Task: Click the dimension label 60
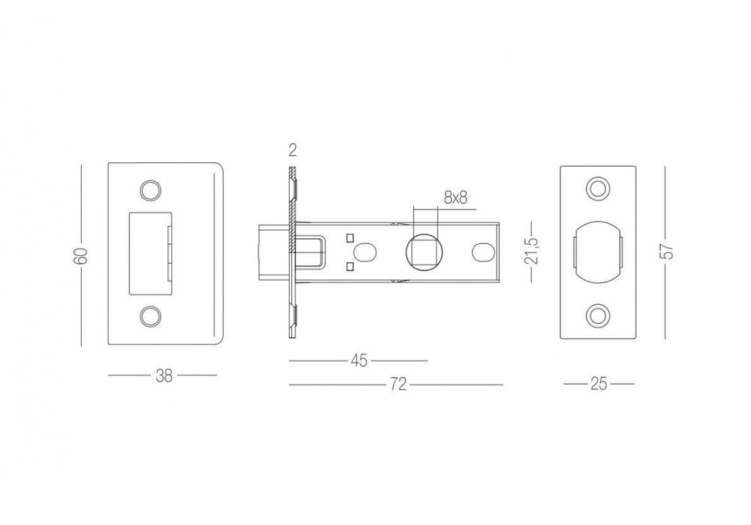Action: [81, 256]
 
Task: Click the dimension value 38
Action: [164, 376]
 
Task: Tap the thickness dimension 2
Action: [293, 150]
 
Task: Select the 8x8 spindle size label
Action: [456, 198]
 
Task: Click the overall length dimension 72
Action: [398, 384]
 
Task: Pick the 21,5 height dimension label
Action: [532, 251]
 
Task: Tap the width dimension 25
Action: [599, 384]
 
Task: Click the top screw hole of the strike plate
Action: [150, 190]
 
